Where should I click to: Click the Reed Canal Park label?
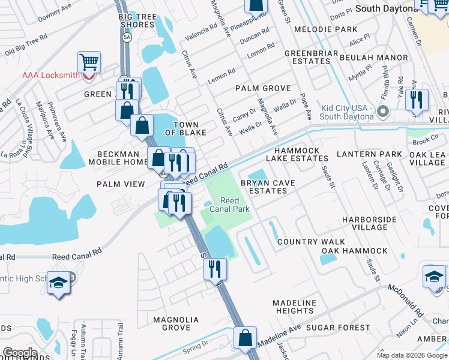point(234,205)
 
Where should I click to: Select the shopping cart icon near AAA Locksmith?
point(89,62)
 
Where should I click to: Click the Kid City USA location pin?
point(384,111)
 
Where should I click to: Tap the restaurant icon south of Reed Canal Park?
point(215,269)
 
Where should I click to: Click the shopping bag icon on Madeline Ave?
point(245,338)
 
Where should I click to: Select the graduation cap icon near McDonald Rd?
point(434,277)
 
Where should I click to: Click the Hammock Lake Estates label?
point(301,154)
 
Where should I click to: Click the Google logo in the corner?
point(20,352)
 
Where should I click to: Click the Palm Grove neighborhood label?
point(259,88)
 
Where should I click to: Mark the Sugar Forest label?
point(338,328)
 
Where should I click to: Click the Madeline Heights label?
point(294,307)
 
